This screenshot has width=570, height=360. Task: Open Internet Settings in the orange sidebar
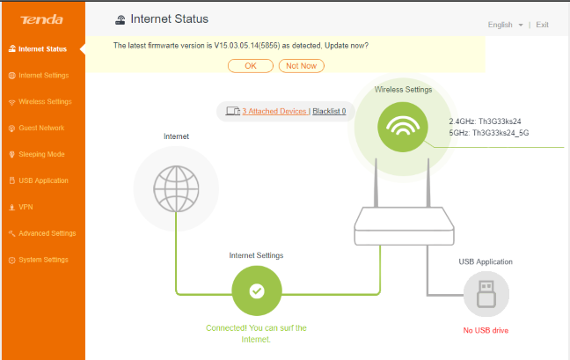(x=43, y=75)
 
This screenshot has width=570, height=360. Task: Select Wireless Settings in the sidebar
(x=45, y=101)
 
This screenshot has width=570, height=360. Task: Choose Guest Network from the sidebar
(x=40, y=128)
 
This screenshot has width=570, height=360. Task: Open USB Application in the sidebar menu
(x=43, y=180)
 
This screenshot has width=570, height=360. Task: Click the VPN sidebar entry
(x=26, y=207)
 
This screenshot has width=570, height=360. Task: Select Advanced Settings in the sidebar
(x=47, y=233)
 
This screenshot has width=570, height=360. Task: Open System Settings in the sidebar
(x=43, y=260)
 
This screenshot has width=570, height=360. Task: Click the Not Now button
(x=302, y=65)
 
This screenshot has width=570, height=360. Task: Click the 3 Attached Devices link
(x=274, y=112)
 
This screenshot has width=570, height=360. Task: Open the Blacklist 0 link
(x=328, y=112)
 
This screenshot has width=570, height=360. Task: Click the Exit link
(x=542, y=25)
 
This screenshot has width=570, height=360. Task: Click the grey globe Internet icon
(x=176, y=187)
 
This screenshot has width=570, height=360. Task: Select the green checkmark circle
(x=256, y=290)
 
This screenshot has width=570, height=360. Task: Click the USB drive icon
(x=486, y=294)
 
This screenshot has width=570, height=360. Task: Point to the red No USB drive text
(x=486, y=330)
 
